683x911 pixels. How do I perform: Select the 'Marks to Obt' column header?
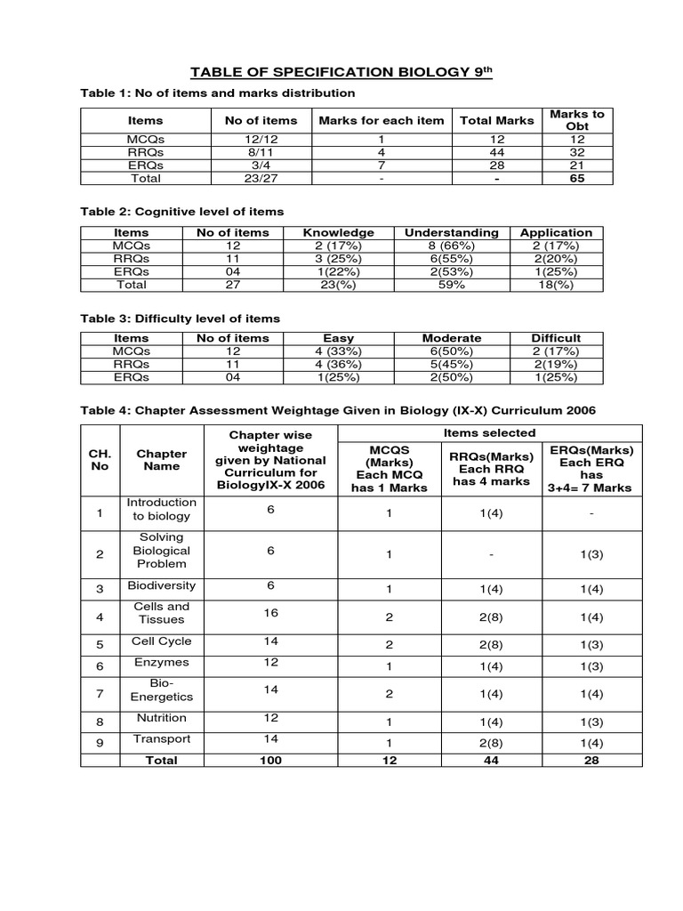coord(577,120)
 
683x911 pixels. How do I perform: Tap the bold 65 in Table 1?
coord(577,178)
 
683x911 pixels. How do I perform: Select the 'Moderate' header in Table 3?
coord(452,338)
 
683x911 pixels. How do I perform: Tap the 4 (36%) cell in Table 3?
coord(338,364)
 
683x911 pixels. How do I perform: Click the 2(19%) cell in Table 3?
coord(556,364)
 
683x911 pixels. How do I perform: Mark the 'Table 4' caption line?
coord(338,409)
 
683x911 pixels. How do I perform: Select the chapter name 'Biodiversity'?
coord(161,586)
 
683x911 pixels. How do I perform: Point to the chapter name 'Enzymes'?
coord(161,663)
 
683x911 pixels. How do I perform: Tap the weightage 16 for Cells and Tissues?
coord(270,613)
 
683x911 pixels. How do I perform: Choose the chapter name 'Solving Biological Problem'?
coord(161,551)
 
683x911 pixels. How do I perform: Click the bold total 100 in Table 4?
coord(270,760)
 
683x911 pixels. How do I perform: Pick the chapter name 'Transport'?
coord(161,738)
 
